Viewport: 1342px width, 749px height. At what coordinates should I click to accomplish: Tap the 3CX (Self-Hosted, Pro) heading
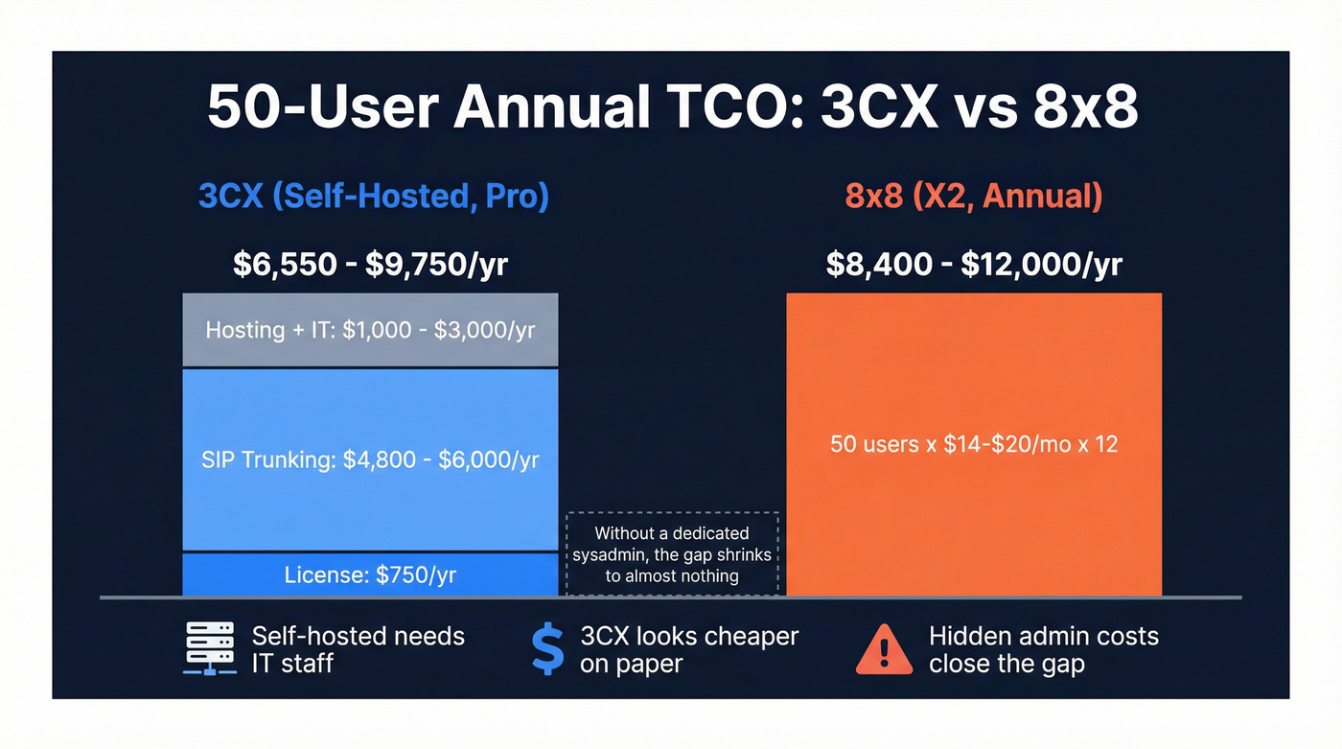coord(373,197)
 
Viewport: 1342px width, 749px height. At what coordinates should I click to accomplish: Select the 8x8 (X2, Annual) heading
coord(973,197)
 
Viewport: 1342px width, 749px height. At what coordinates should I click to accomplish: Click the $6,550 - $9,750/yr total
coord(370,264)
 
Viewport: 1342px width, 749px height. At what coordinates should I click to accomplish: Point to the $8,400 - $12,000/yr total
coord(974,264)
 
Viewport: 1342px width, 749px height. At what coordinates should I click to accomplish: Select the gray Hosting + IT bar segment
coord(370,330)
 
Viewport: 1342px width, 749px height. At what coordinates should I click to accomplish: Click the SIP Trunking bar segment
coord(370,459)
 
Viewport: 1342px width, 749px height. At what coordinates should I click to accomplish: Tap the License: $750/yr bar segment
coord(370,575)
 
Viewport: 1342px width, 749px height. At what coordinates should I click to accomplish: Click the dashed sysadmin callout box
coord(672,554)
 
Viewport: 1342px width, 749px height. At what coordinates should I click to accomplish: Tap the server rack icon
coord(209,649)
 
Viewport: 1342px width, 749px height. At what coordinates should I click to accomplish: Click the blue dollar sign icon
coord(548,649)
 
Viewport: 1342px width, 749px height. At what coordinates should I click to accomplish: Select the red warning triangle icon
coord(883,649)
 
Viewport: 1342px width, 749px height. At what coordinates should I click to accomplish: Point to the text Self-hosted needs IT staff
coord(358,649)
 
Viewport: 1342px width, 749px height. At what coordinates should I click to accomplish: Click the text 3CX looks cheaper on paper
coord(688,649)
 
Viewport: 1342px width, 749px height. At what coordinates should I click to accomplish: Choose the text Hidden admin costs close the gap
coord(1043,649)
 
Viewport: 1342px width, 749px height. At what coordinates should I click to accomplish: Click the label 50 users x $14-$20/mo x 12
coord(974,444)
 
